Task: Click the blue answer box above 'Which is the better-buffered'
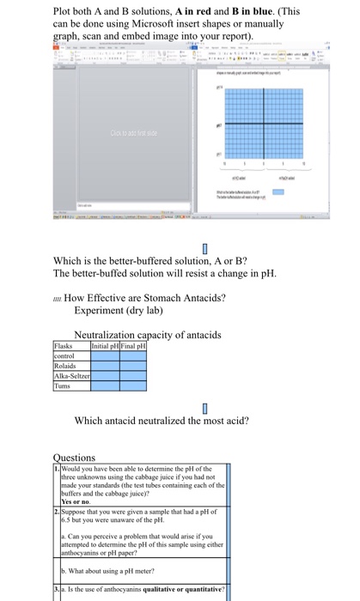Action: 204,250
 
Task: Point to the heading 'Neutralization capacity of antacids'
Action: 148,334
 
